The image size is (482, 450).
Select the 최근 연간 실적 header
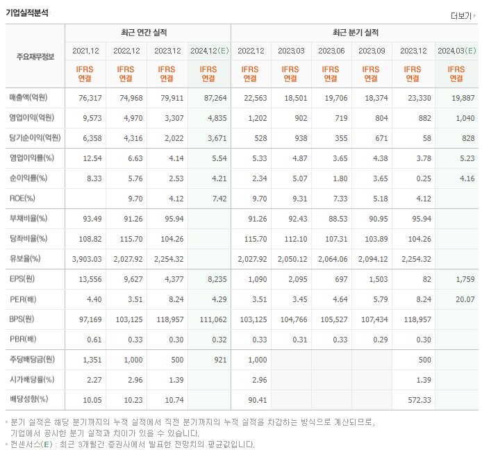tap(147, 33)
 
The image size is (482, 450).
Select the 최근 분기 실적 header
tap(354, 33)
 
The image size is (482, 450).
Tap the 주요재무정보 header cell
tap(35, 56)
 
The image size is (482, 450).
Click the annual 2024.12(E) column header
tap(209, 51)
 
